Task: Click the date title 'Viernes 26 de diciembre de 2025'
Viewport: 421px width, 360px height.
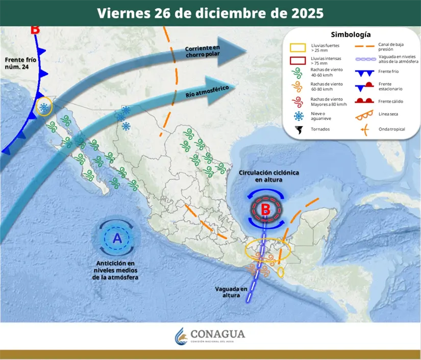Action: pyautogui.click(x=210, y=13)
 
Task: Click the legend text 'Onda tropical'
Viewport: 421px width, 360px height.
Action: pyautogui.click(x=391, y=129)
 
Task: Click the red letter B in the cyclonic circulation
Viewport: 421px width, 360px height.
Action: pyautogui.click(x=266, y=209)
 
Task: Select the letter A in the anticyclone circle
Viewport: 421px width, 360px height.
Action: pyautogui.click(x=117, y=238)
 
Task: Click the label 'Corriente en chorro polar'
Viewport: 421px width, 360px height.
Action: pyautogui.click(x=203, y=52)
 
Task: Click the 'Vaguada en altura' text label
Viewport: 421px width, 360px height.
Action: pyautogui.click(x=231, y=292)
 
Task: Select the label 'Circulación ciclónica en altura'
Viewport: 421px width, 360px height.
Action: pyautogui.click(x=269, y=176)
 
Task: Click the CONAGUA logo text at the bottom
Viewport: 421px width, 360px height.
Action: pyautogui.click(x=217, y=335)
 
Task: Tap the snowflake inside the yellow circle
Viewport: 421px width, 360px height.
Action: pyautogui.click(x=45, y=107)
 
